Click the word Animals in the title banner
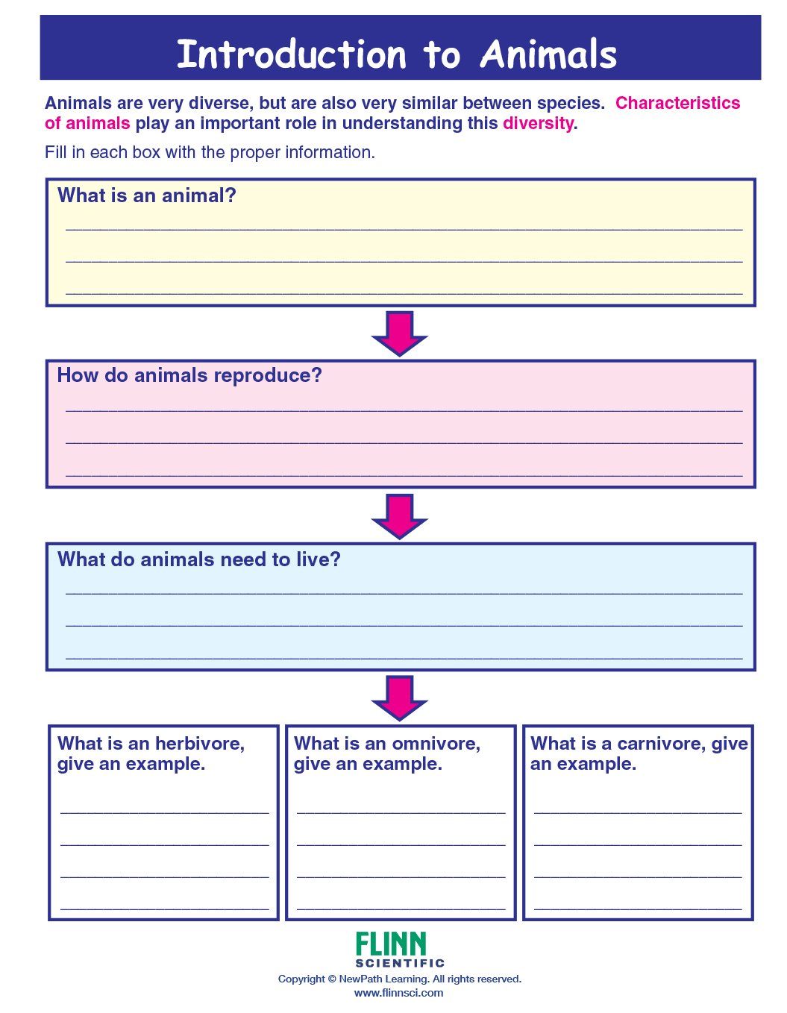pos(548,54)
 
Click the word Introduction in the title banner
pos(292,54)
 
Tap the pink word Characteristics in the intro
pos(677,103)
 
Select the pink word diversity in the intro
pos(538,123)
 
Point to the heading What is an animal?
pos(147,195)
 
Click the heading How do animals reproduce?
pos(189,375)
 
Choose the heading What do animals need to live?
pos(199,559)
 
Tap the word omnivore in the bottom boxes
pos(436,744)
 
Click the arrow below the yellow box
pos(400,333)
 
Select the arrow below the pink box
pos(400,515)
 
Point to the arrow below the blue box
pos(400,697)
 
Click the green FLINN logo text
pos(391,944)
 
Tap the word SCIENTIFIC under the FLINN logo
pos(400,963)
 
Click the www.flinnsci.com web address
pos(399,993)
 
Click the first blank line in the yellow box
pos(404,228)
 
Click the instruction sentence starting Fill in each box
pos(210,152)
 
